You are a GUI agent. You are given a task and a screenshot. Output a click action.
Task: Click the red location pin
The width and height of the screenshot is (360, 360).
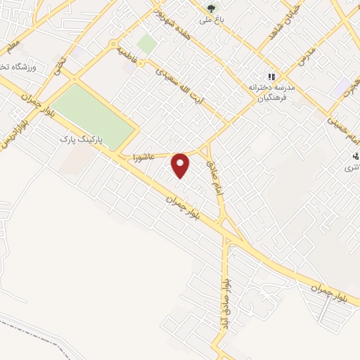[181, 165]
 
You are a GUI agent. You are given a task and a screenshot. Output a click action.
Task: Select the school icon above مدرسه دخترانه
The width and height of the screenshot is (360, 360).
[270, 77]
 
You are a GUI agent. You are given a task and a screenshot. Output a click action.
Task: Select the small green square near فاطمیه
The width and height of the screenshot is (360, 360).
[147, 44]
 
